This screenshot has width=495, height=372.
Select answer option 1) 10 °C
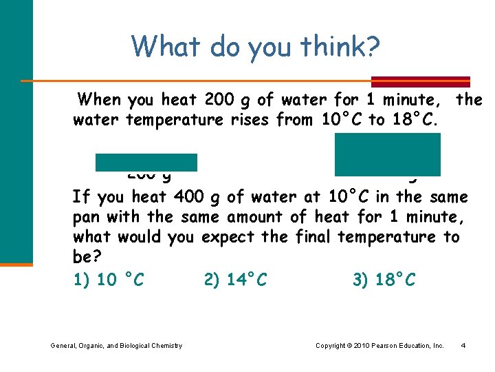108,279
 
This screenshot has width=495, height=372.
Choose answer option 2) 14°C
236,279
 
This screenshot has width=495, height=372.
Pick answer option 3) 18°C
384,279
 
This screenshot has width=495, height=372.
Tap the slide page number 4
463,345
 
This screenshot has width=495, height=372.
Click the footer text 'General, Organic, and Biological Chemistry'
116,345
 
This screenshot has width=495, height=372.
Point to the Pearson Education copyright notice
379,345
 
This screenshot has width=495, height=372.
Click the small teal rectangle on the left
146,163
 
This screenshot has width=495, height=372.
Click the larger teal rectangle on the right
387,154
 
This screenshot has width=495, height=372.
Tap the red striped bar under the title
420,81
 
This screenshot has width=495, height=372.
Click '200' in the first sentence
220,100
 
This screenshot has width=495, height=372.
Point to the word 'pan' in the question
87,217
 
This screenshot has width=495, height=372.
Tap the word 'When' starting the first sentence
99,100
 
